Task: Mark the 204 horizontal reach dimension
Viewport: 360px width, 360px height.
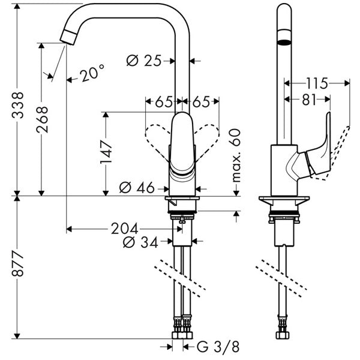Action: click(x=125, y=229)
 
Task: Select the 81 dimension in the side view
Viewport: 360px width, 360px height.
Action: click(x=308, y=100)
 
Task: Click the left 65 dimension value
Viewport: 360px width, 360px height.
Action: click(x=164, y=102)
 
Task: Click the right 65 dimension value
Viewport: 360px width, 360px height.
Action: click(x=200, y=102)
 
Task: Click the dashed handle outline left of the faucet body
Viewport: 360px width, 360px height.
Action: click(x=157, y=137)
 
